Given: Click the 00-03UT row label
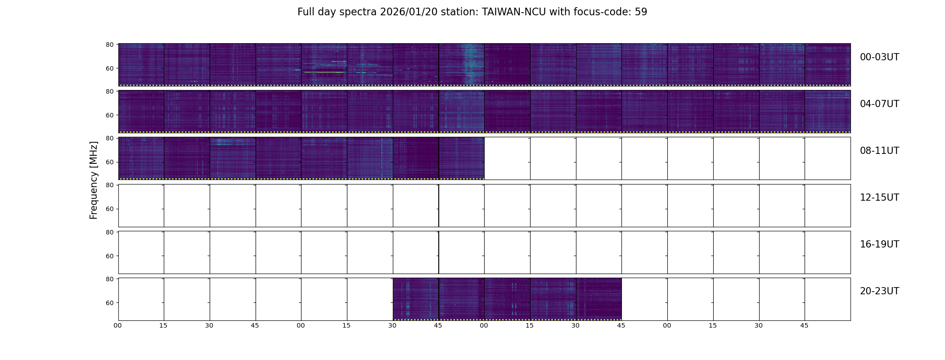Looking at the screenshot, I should click(x=879, y=57).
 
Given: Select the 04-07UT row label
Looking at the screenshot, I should click(x=879, y=104).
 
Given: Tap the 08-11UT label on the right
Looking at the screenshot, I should click(x=879, y=151).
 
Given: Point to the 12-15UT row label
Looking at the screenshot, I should click(x=879, y=198).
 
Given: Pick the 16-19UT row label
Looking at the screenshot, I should click(x=879, y=244).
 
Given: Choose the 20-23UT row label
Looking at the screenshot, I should click(x=879, y=291).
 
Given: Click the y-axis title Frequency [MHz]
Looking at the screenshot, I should click(x=94, y=180).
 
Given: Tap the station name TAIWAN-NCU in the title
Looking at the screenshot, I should click(x=513, y=12).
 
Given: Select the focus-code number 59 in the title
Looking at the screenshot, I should click(x=641, y=12).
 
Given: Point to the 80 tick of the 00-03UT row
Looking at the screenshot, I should click(x=109, y=45).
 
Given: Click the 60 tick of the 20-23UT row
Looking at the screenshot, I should click(x=109, y=303).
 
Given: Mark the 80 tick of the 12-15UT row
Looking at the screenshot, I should click(x=109, y=185).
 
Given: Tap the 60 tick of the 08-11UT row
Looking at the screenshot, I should click(x=109, y=162).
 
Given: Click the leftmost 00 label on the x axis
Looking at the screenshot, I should click(x=118, y=325).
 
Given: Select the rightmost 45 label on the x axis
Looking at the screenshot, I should click(x=804, y=325).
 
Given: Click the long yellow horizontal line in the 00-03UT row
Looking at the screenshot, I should click(x=324, y=72).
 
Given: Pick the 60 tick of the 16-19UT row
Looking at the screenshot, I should click(x=109, y=256).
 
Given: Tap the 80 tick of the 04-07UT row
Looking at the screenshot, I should click(x=109, y=91).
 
